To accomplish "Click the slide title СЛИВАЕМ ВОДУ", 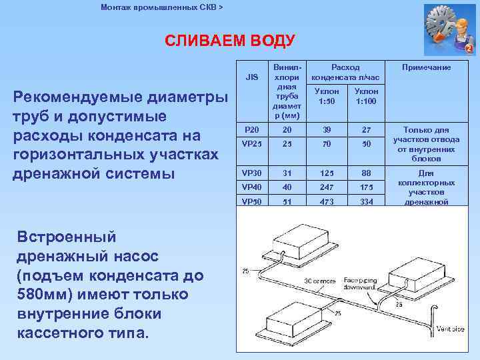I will tap(230, 41).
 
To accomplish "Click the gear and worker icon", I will tap(449, 29).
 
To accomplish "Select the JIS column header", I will tap(252, 77).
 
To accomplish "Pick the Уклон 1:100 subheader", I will tap(366, 96).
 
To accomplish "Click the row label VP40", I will tap(252, 187).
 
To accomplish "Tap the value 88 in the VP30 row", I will tap(366, 173).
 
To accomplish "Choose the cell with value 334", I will tap(366, 201).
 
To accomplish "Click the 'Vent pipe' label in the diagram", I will tap(451, 328).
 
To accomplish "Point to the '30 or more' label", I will tap(320, 282).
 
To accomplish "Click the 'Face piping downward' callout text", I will tap(361, 285).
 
